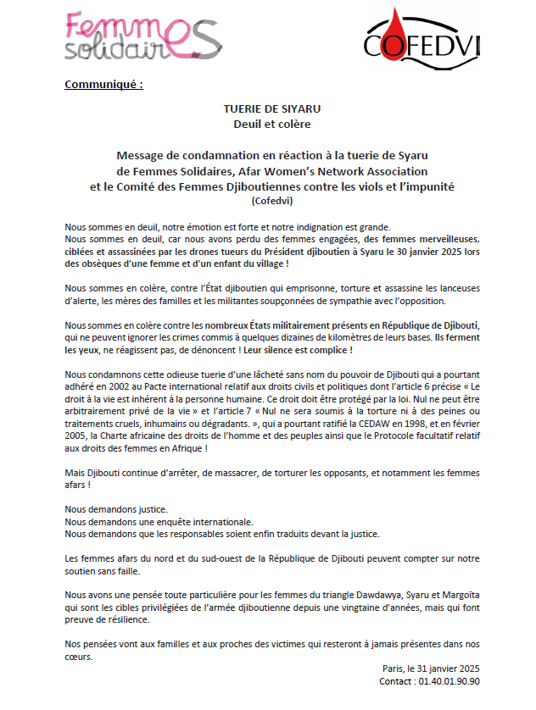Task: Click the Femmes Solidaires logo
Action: tap(141, 37)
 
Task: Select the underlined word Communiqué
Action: tap(103, 85)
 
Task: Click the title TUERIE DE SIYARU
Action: tap(260, 108)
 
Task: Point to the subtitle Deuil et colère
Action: tap(260, 125)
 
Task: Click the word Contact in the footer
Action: tap(397, 680)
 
